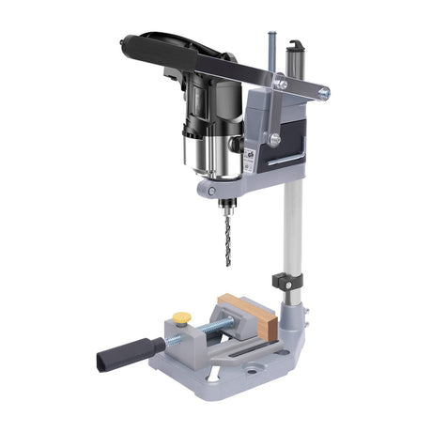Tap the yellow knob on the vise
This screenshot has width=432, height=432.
[x=181, y=317]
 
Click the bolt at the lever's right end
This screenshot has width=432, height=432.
[x=322, y=93]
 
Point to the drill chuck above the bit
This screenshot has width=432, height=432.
[x=225, y=201]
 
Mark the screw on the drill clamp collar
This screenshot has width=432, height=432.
[x=204, y=189]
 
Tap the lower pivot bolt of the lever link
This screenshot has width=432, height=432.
[x=274, y=139]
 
